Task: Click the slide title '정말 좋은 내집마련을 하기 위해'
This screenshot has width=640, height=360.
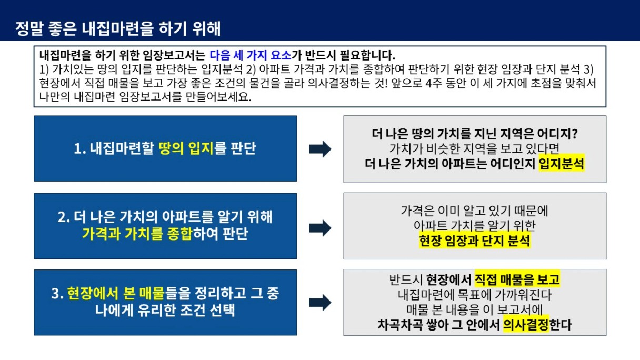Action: [118, 28]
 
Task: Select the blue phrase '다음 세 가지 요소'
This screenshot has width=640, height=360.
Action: [251, 55]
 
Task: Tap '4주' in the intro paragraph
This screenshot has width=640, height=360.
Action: [433, 83]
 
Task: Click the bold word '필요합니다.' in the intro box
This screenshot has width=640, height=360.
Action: [367, 55]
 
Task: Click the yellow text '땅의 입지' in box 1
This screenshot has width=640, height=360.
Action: [186, 148]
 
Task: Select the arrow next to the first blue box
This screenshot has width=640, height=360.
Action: [320, 149]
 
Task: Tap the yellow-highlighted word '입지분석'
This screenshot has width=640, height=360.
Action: [562, 164]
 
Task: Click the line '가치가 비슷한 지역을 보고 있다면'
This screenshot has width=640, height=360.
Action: [474, 148]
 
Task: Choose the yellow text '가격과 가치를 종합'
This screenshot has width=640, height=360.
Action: [137, 234]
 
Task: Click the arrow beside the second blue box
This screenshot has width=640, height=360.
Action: [320, 228]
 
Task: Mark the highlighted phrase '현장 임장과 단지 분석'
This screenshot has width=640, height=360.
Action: [475, 241]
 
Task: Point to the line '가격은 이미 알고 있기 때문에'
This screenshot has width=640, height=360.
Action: [474, 211]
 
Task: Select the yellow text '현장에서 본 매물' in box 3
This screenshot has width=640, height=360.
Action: [116, 293]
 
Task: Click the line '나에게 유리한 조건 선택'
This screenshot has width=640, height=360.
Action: [165, 309]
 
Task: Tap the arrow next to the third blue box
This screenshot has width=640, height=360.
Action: [320, 302]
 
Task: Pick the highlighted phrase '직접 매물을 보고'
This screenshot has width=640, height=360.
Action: [517, 279]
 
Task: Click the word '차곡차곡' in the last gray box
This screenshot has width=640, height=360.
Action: [400, 325]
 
